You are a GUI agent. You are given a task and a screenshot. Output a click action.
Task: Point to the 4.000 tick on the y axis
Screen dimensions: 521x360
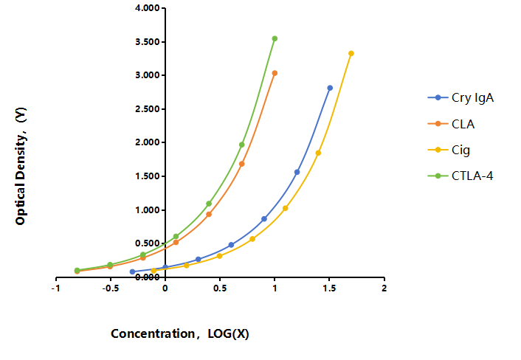148,8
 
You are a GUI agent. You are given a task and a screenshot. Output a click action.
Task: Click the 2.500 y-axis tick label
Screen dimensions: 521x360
148,109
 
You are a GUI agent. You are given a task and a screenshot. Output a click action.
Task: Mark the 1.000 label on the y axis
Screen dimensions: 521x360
148,210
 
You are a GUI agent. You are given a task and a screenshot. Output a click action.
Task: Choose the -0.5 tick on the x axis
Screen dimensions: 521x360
110,288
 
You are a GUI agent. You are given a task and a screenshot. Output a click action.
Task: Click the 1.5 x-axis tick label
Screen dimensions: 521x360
329,288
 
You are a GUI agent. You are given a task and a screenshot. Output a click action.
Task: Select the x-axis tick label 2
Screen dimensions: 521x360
384,288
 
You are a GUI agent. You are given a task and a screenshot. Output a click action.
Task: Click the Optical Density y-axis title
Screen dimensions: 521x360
20,166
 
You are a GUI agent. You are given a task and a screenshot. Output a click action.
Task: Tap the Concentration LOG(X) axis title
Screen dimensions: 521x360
180,333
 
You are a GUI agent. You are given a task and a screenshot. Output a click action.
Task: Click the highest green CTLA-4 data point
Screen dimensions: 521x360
275,38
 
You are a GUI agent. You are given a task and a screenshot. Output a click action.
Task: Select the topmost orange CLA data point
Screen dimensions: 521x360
275,73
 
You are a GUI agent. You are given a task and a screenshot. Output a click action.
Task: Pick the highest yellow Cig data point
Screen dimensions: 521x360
351,53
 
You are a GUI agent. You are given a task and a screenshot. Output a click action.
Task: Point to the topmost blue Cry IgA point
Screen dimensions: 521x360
330,88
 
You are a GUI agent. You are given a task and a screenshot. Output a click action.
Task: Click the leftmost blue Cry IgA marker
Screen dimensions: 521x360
133,271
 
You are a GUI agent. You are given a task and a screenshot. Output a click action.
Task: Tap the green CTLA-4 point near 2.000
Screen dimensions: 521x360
242,145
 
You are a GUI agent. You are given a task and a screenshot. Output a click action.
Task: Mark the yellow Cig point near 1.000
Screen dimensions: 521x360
285,208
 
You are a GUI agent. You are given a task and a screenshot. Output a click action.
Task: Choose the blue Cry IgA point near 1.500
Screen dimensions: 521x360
297,172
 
